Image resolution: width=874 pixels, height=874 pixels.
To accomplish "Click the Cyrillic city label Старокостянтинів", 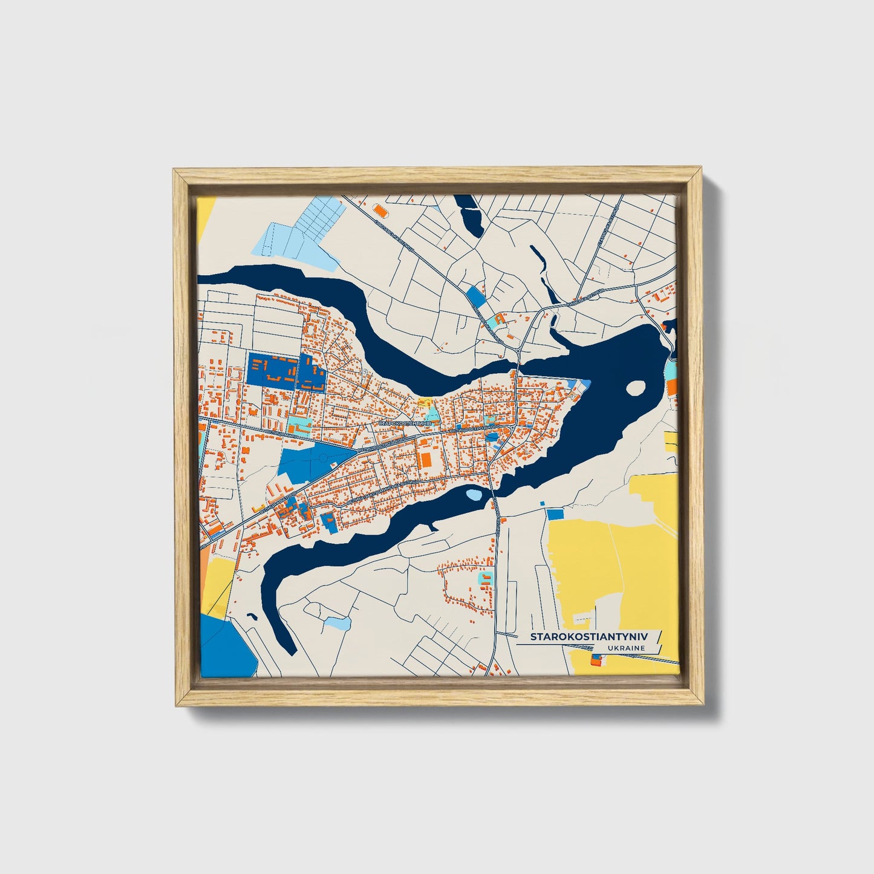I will click(x=403, y=424).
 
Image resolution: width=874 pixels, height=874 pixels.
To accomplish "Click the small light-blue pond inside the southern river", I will click(x=474, y=495).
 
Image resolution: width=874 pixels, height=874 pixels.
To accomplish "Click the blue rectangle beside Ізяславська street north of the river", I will click(x=475, y=296).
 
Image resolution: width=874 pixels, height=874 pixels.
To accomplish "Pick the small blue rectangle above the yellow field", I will click(x=555, y=514).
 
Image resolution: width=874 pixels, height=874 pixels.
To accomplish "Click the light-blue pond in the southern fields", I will click(x=336, y=622).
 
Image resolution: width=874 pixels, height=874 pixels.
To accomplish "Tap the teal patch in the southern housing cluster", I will click(x=486, y=578).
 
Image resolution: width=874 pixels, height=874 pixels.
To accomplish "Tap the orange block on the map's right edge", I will click(x=672, y=387).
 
